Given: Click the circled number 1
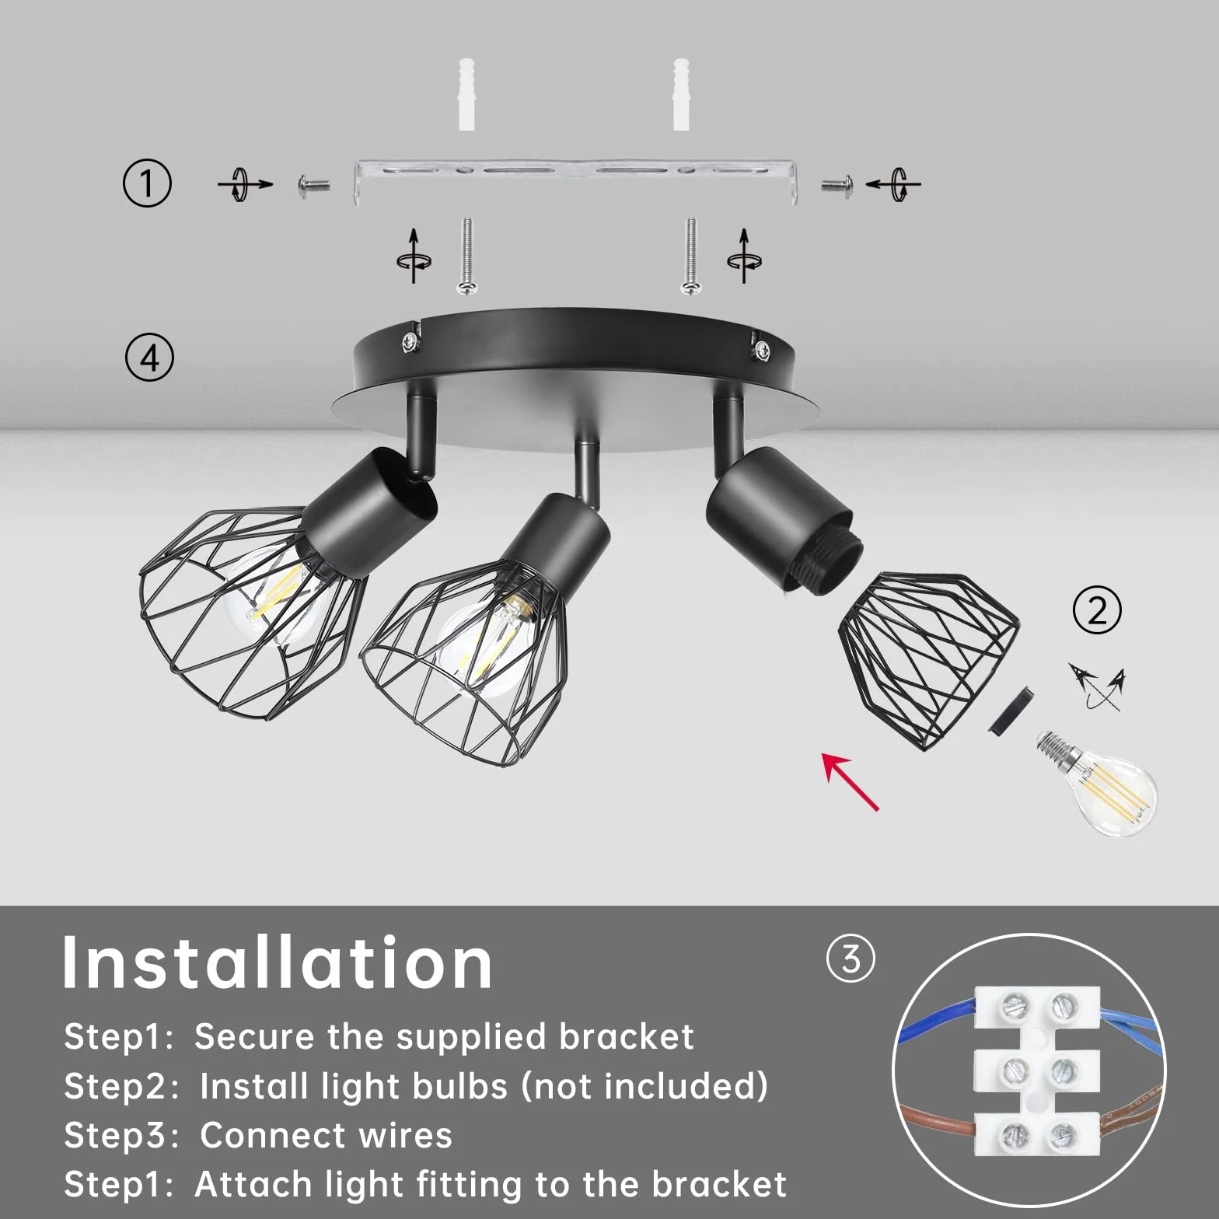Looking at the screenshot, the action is coord(147,183).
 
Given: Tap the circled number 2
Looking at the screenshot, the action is coord(1097,610).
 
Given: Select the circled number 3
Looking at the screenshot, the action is coord(851,959).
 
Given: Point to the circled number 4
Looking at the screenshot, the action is coord(149,358).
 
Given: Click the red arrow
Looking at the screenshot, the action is coord(851,781).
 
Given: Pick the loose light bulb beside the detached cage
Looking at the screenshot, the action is coord(1097,783).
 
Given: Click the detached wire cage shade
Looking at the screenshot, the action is coord(929,659).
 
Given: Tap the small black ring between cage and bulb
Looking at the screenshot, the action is coord(1011,709).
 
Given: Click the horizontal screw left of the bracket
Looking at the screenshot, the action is coord(314,185).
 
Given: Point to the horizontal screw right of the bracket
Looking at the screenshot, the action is coord(837,185).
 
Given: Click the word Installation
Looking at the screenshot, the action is coord(277,963).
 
